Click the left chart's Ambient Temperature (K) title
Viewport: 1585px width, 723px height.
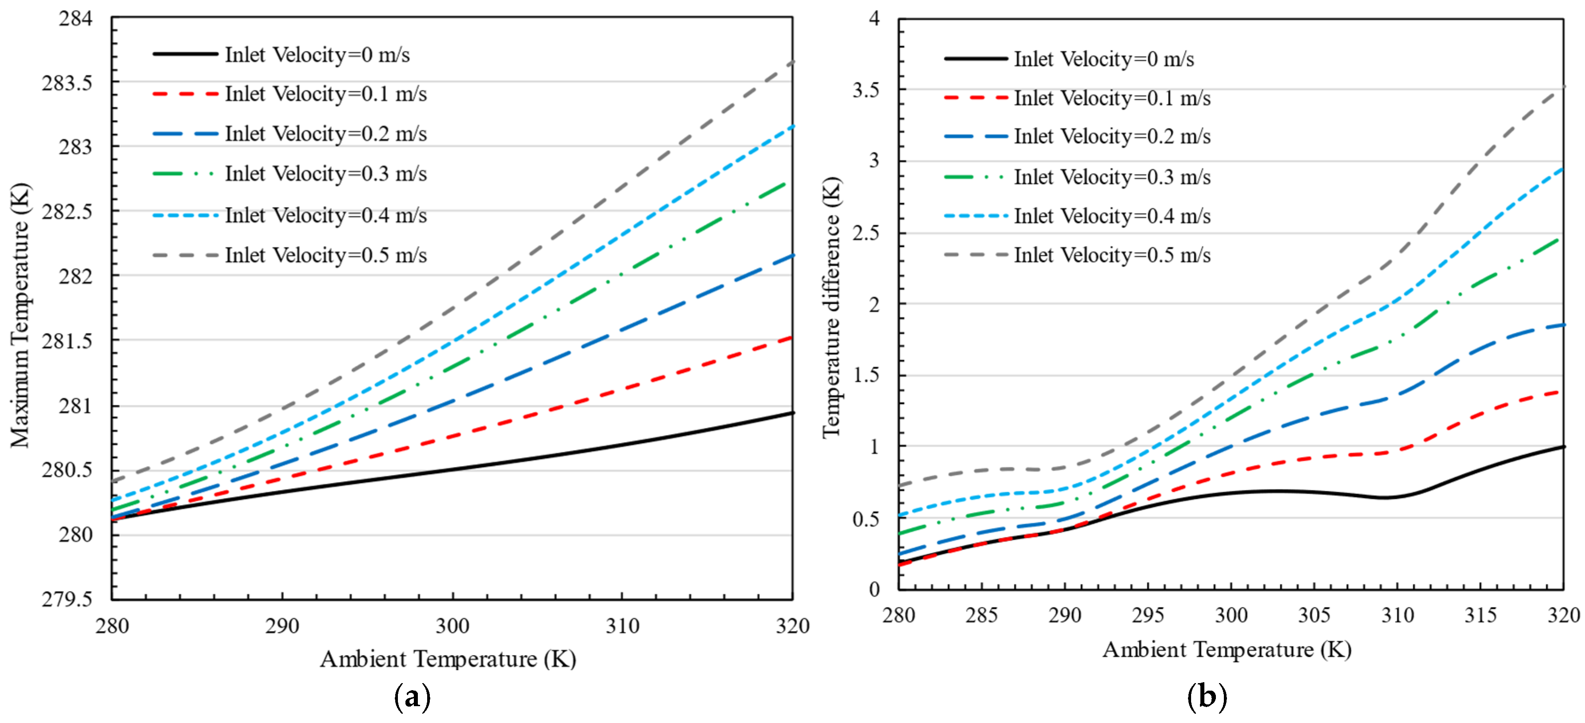pos(448,659)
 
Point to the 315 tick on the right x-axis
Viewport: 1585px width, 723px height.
pos(1480,615)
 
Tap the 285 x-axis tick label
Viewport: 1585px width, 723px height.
pos(981,615)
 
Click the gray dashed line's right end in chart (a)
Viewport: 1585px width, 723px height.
pos(791,62)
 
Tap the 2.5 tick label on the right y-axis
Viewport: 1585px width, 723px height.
pos(866,233)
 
